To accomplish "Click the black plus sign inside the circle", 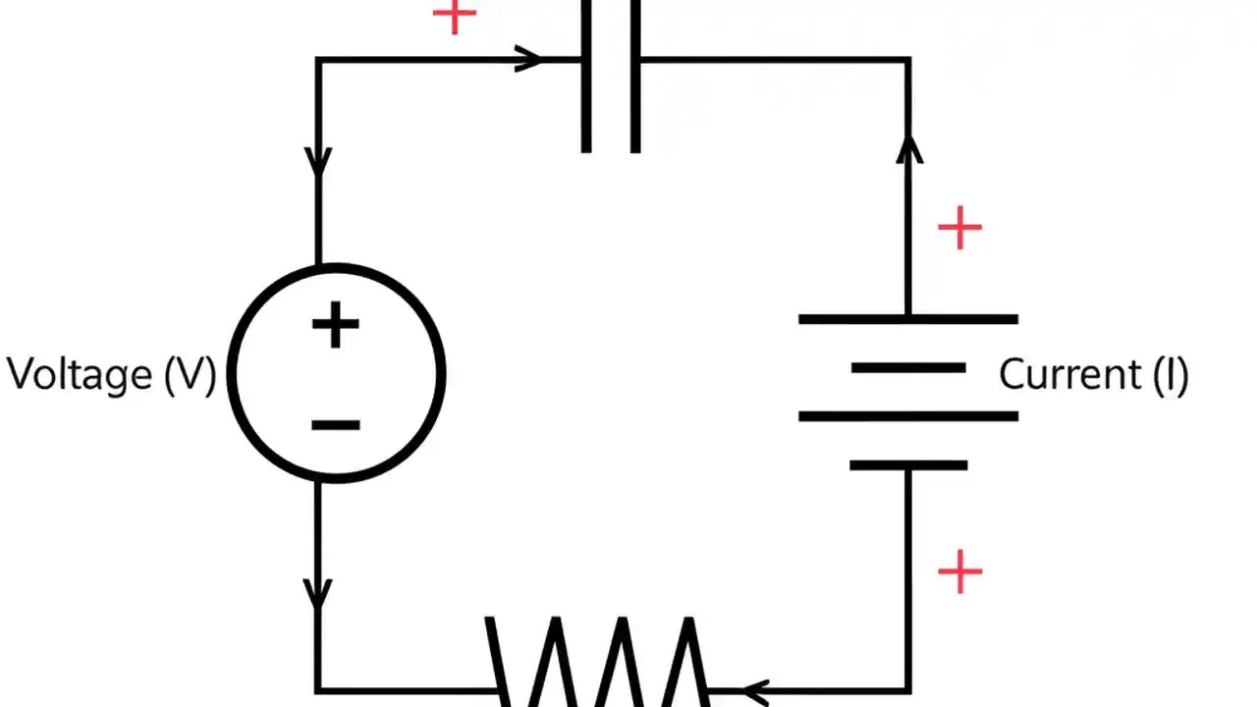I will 336,326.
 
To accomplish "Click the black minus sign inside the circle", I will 336,425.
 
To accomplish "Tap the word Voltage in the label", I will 80,375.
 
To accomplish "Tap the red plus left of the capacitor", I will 454,16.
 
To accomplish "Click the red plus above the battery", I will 959,229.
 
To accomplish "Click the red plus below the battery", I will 959,571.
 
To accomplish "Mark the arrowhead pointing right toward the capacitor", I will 528,60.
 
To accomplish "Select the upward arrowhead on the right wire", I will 909,150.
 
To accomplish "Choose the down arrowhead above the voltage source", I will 318,161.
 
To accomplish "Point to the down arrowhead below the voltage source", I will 318,592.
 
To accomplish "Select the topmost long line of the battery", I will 908,319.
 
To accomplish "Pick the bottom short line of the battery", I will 908,465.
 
